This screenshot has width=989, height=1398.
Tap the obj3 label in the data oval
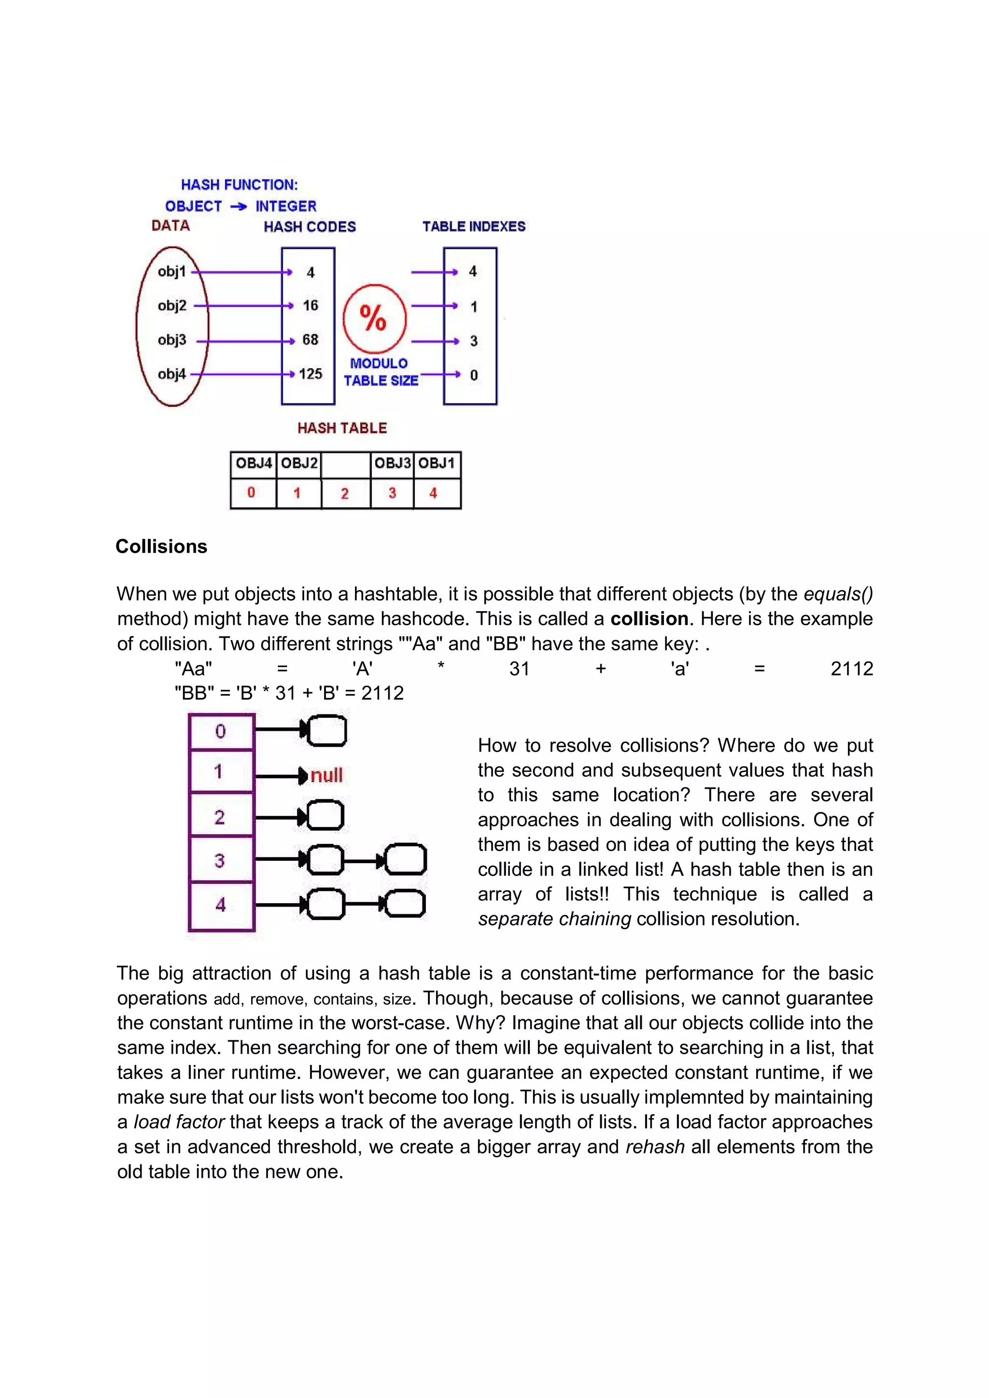[x=172, y=340]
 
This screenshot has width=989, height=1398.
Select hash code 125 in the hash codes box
[x=310, y=374]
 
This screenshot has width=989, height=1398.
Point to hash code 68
[x=310, y=340]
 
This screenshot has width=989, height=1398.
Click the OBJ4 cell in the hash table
[x=254, y=464]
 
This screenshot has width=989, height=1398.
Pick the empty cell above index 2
[x=345, y=464]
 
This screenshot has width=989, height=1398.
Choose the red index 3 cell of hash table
[x=392, y=493]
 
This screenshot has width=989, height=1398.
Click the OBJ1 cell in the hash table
[x=437, y=464]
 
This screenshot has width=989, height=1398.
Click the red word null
[x=326, y=775]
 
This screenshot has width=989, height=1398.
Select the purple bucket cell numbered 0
[x=221, y=731]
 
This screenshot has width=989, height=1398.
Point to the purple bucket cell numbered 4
[x=221, y=905]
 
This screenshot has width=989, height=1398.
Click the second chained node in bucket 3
[x=406, y=860]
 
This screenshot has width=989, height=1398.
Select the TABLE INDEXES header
[x=474, y=226]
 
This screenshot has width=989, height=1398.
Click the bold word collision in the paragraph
[x=649, y=619]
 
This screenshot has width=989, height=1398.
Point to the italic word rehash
[x=655, y=1146]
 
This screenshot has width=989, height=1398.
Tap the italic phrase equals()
[x=838, y=594]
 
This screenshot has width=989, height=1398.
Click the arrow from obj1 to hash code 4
[x=242, y=272]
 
